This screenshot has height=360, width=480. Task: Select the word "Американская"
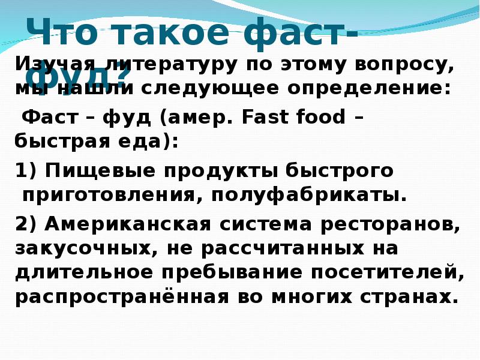pyautogui.click(x=126, y=224)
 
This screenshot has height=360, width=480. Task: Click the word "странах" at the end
pyautogui.click(x=413, y=297)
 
